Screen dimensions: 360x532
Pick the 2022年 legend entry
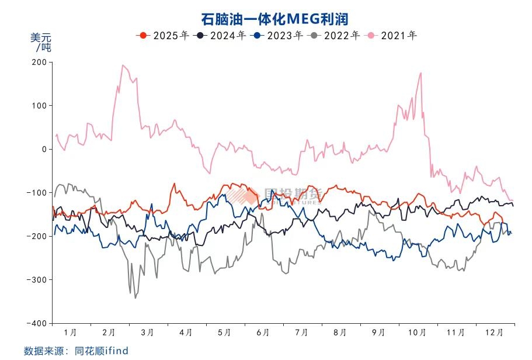(335, 36)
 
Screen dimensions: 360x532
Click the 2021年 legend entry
(392, 36)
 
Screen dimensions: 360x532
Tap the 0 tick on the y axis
(43, 149)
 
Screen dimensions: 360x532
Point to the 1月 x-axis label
(71, 333)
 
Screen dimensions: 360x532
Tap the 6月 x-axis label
(263, 333)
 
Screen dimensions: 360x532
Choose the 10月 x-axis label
(416, 333)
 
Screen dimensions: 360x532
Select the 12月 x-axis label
(494, 333)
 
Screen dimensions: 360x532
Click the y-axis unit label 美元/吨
(41, 41)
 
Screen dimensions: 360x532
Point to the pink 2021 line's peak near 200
(123, 65)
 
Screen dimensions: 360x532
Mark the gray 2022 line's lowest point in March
(135, 298)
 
